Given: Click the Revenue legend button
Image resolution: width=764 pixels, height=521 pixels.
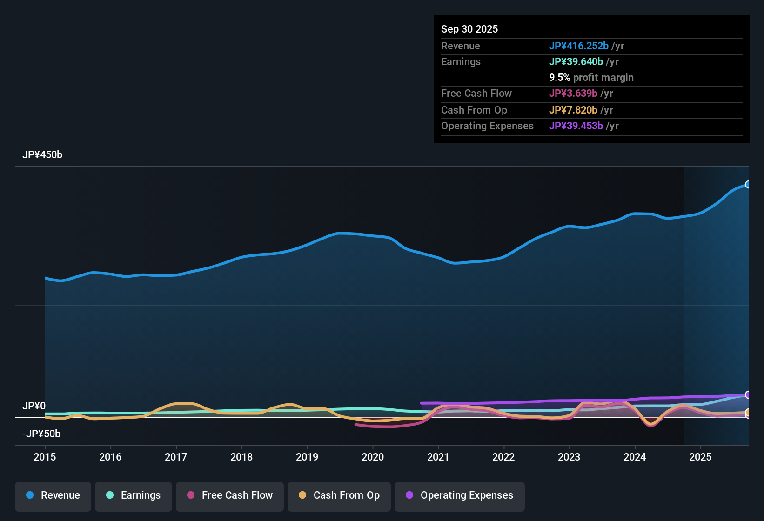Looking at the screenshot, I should (x=53, y=495).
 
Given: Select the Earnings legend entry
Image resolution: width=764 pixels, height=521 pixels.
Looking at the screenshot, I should (x=134, y=495).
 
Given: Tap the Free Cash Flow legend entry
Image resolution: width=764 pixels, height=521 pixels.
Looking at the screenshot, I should (x=230, y=495).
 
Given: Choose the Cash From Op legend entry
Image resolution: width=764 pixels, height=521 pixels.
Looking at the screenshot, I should (x=339, y=495).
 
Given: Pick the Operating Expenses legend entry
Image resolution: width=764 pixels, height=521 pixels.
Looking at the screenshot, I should (x=460, y=495).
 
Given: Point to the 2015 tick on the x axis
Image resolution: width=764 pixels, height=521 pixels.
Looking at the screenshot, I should (x=45, y=457).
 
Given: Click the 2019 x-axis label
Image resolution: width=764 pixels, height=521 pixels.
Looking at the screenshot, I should (x=307, y=457).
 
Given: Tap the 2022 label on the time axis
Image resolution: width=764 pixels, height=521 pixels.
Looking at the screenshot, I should (x=503, y=457).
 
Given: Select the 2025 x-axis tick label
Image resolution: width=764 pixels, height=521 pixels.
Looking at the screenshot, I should (x=700, y=457).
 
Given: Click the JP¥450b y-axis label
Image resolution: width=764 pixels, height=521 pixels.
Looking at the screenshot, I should (x=42, y=155).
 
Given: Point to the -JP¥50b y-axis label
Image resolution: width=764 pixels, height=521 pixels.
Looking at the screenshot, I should (x=41, y=434).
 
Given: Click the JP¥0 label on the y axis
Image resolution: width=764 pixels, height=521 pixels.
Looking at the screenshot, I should (x=34, y=406).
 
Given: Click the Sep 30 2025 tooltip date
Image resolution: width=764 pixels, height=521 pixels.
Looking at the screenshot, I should (x=469, y=29).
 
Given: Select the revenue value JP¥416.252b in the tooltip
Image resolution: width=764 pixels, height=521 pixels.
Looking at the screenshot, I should (x=578, y=46).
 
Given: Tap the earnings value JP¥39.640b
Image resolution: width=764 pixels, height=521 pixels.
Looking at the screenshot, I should (x=576, y=62).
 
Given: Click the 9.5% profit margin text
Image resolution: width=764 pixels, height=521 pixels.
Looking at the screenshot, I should (x=591, y=78).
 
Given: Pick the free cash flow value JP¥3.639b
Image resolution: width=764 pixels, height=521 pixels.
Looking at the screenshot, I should (x=573, y=94).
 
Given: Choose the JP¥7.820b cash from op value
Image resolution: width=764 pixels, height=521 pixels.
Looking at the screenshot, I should (x=573, y=110).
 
